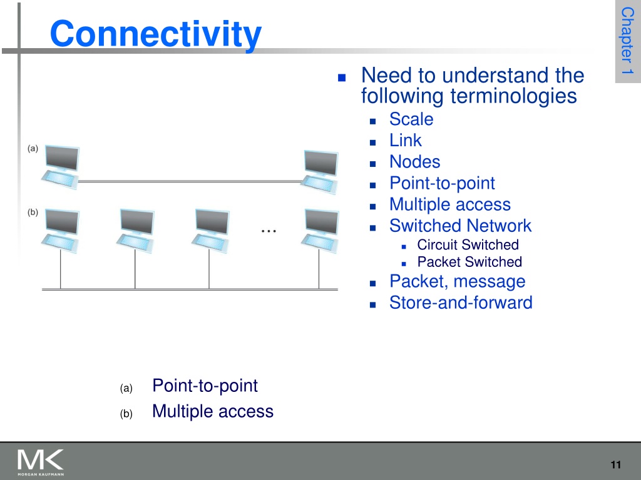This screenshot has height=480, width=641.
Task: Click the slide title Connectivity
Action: (155, 34)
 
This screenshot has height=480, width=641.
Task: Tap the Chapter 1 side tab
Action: (627, 41)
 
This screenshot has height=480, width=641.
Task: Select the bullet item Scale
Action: (411, 119)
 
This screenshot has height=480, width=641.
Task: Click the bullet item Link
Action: (405, 141)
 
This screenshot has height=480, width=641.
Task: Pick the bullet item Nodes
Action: (414, 162)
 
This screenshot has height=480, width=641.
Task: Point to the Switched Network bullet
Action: (460, 226)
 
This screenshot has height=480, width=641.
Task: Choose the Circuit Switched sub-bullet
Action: (468, 244)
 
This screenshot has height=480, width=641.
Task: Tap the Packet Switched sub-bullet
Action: (469, 262)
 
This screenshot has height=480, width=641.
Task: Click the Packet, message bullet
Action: (457, 282)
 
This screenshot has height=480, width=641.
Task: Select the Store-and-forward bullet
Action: (461, 303)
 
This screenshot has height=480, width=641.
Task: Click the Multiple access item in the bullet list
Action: (449, 204)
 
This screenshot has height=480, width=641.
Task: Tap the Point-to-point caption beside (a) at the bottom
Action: (205, 386)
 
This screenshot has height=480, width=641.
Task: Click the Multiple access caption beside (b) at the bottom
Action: (213, 411)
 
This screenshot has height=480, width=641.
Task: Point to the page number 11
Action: (616, 464)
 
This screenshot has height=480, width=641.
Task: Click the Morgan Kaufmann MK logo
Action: (41, 462)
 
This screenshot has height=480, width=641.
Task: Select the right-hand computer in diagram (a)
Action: (320, 172)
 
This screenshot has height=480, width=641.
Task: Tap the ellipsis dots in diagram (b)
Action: (269, 231)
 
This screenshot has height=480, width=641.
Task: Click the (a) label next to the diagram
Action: (33, 148)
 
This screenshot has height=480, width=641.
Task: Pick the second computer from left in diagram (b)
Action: (135, 231)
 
